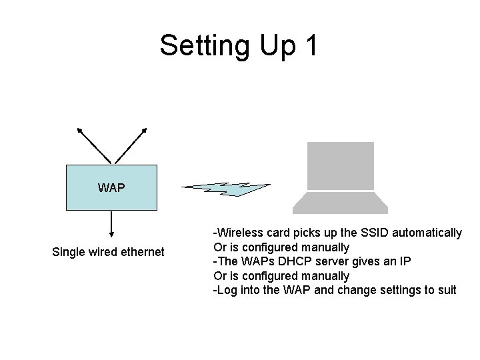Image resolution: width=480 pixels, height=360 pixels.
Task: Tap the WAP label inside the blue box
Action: (111, 188)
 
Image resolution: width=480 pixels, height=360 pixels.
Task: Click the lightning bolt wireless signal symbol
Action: (227, 189)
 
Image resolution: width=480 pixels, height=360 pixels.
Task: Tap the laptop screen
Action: (340, 165)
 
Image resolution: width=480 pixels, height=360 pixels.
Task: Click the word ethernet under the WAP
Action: (140, 252)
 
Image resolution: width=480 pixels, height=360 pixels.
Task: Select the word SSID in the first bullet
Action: (375, 233)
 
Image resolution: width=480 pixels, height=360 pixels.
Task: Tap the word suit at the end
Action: (446, 289)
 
